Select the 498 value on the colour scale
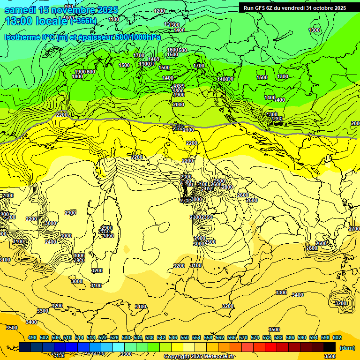coord(32,337)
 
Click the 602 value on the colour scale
coord(337,337)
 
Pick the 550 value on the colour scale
coord(185,337)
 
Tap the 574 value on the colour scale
coord(255,337)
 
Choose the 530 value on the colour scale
coord(126,337)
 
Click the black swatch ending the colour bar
coord(330,347)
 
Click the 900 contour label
coord(69,7)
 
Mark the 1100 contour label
coord(113,19)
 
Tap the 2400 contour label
coord(51,242)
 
